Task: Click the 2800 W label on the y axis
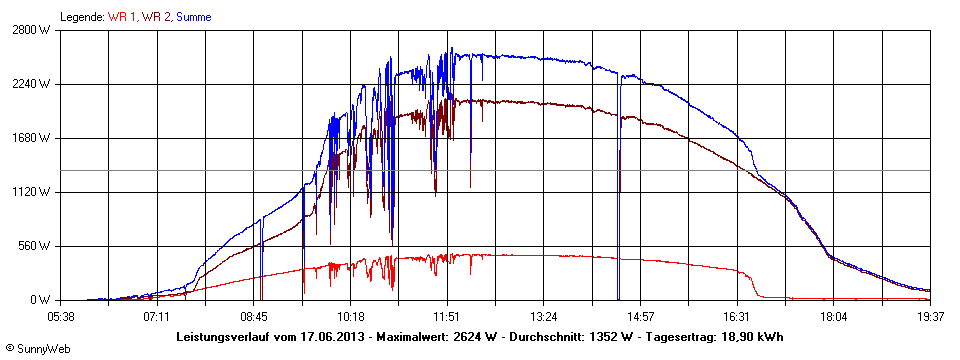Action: (x=33, y=30)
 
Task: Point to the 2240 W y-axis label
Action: (x=33, y=84)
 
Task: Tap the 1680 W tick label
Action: (x=33, y=138)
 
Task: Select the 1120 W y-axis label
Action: (x=33, y=192)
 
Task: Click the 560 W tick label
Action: (x=36, y=246)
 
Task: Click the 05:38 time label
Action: (x=61, y=317)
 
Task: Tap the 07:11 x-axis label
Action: (x=156, y=317)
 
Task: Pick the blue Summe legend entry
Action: (x=194, y=17)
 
